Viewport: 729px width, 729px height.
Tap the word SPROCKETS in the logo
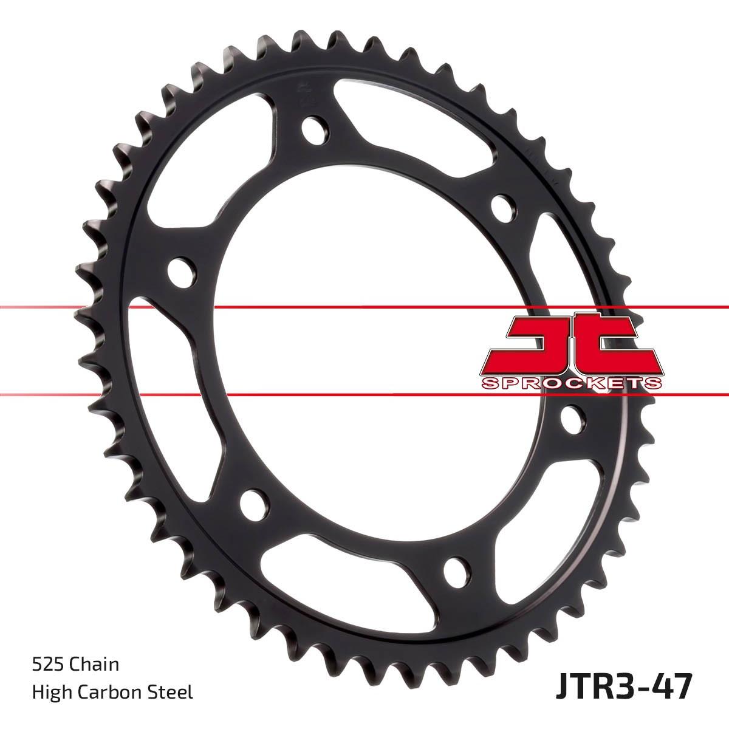click(572, 383)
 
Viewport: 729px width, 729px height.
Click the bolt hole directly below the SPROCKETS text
click(572, 420)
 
